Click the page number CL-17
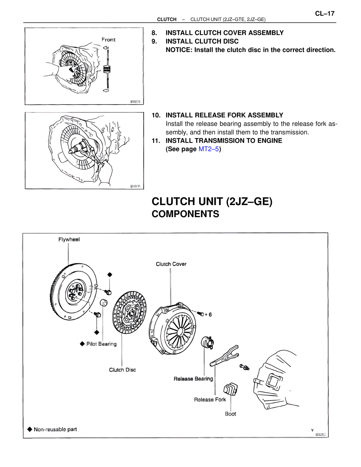tap(325, 14)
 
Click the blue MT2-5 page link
tap(208, 149)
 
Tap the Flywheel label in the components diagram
tap(69, 239)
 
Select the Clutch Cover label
tap(171, 264)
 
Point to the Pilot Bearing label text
tap(101, 344)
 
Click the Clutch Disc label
tap(122, 370)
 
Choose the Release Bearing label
tap(193, 379)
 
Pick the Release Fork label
tap(210, 400)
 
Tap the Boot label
tap(230, 414)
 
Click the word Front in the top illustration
tap(109, 40)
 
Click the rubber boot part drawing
tap(230, 389)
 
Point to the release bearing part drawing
tap(208, 342)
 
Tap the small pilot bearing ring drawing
tap(104, 303)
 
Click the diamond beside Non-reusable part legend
tap(30, 429)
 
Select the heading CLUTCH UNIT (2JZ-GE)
tap(212, 202)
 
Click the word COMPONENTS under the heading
tap(185, 214)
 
